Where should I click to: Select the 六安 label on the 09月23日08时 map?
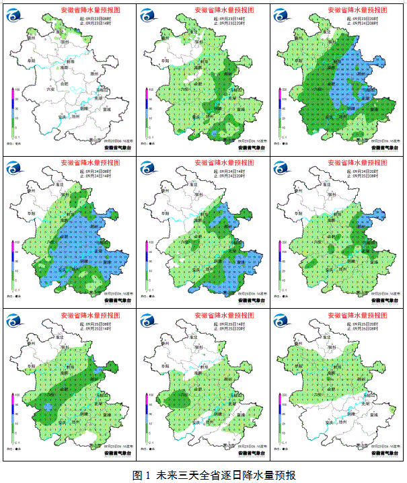pyautogui.click(x=49, y=87)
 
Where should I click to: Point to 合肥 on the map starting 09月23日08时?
pyautogui.click(x=64, y=84)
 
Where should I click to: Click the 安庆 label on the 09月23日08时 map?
pyautogui.click(x=61, y=116)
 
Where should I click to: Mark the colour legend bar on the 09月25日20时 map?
pyautogui.click(x=280, y=416)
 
